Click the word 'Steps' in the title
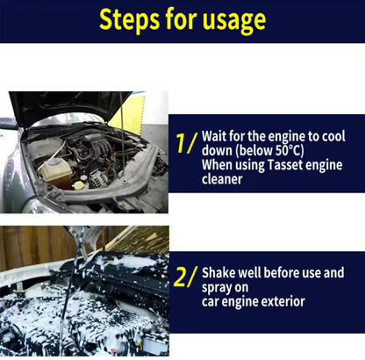click(130, 20)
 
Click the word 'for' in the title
click(183, 20)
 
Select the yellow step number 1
click(185, 144)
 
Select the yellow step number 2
click(185, 278)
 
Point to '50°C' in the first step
click(294, 151)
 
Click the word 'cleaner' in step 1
click(225, 178)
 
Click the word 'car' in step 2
click(212, 301)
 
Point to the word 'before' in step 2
click(282, 272)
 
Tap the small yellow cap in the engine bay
click(79, 184)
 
